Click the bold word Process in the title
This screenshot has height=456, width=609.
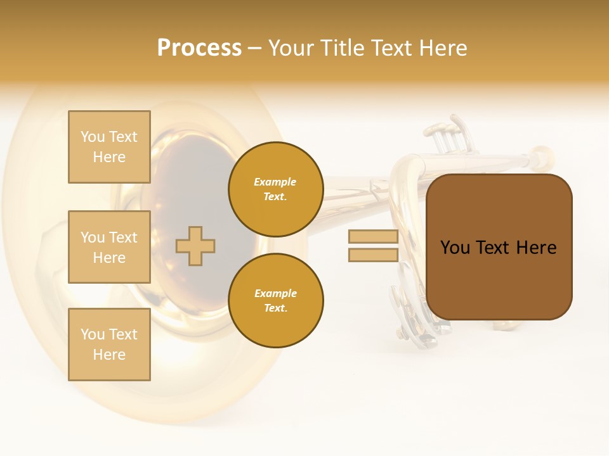click(199, 48)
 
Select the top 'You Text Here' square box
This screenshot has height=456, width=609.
click(109, 147)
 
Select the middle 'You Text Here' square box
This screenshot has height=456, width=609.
click(109, 247)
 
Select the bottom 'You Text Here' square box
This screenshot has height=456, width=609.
click(109, 344)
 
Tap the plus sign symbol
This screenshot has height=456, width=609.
click(195, 246)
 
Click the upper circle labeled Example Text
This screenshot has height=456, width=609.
click(275, 189)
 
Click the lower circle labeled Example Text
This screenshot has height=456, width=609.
click(275, 301)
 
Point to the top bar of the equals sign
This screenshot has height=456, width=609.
click(373, 237)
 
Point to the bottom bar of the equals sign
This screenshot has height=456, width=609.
click(373, 255)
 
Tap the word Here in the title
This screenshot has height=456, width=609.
click(444, 48)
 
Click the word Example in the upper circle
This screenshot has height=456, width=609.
click(275, 182)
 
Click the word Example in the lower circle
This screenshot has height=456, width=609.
click(275, 293)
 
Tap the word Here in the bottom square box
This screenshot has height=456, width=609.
click(109, 355)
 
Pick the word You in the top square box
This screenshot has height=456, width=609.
click(92, 137)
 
